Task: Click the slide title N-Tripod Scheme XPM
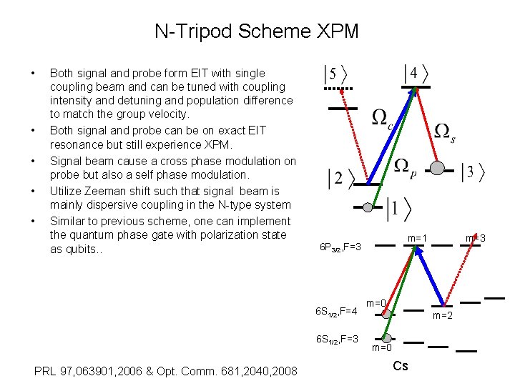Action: pyautogui.click(x=257, y=31)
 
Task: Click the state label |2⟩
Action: pyautogui.click(x=340, y=179)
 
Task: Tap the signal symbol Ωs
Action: pyautogui.click(x=444, y=133)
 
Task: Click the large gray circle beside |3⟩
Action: pyautogui.click(x=438, y=168)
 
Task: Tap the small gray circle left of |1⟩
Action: pyautogui.click(x=368, y=207)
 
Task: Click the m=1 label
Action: pyautogui.click(x=417, y=238)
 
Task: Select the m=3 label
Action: pyautogui.click(x=476, y=237)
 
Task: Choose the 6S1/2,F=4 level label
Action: pyautogui.click(x=336, y=311)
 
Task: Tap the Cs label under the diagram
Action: pyautogui.click(x=401, y=366)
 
